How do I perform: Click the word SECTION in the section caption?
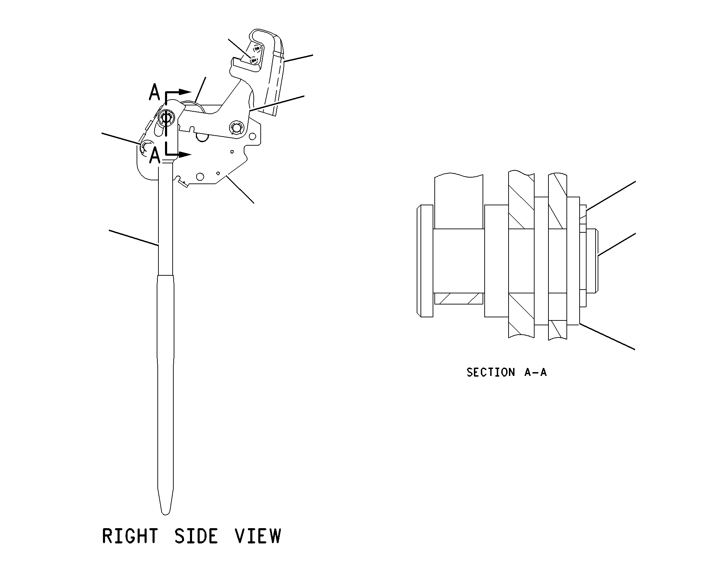[x=491, y=372]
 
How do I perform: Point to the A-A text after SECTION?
[x=536, y=372]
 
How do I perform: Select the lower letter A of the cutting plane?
[x=155, y=155]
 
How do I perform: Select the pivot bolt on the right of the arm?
[x=237, y=128]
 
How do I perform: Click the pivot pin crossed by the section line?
[x=166, y=118]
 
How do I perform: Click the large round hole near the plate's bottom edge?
[x=200, y=177]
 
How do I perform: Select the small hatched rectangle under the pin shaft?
[x=459, y=299]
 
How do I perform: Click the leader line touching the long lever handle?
[x=133, y=238]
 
